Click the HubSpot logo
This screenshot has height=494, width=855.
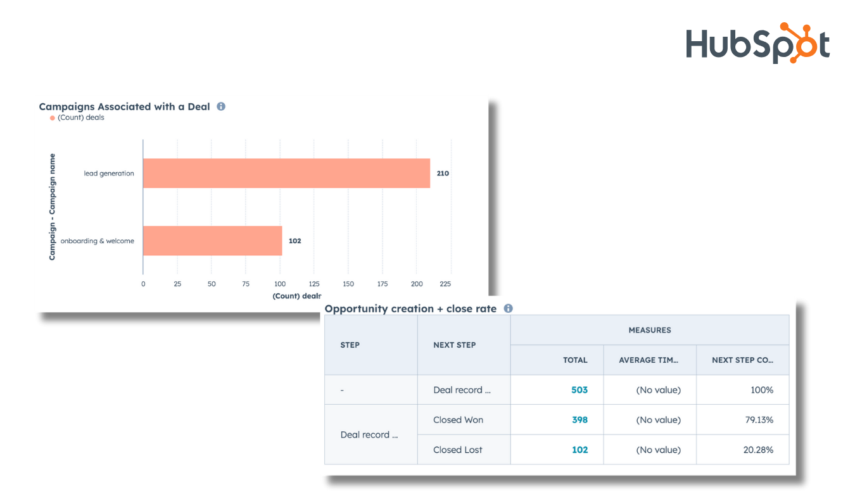pyautogui.click(x=757, y=43)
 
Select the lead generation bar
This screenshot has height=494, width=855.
pyautogui.click(x=286, y=173)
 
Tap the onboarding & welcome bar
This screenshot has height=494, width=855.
pyautogui.click(x=212, y=241)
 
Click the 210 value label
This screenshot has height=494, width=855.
pyautogui.click(x=443, y=173)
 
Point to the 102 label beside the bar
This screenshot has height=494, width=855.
pyautogui.click(x=294, y=241)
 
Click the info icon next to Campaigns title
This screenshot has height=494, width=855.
pyautogui.click(x=221, y=106)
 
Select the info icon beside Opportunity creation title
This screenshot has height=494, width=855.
pyautogui.click(x=508, y=308)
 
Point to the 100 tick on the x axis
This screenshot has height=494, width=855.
pyautogui.click(x=280, y=284)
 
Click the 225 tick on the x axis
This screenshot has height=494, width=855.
pyautogui.click(x=446, y=284)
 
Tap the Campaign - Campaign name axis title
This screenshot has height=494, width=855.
pyautogui.click(x=53, y=207)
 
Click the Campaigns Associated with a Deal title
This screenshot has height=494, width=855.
pyautogui.click(x=124, y=106)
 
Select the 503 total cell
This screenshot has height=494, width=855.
pyautogui.click(x=579, y=390)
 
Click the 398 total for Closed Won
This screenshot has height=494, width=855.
pyautogui.click(x=579, y=420)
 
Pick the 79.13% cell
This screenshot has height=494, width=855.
pyautogui.click(x=759, y=420)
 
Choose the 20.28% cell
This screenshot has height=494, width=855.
pyautogui.click(x=759, y=450)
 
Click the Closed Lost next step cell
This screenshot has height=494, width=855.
pyautogui.click(x=458, y=450)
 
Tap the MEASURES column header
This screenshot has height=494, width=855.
pyautogui.click(x=649, y=330)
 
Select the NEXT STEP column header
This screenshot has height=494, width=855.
pyautogui.click(x=455, y=345)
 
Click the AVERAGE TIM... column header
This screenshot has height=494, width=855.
pyautogui.click(x=649, y=360)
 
